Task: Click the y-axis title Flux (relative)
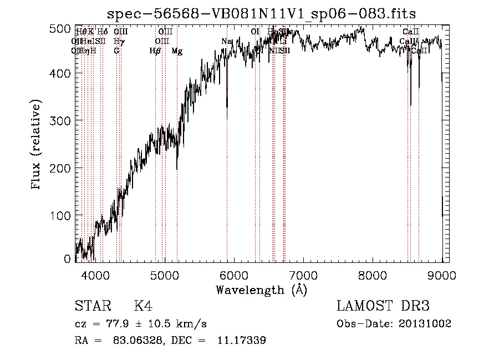coord(37,145)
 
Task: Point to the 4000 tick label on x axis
coord(95,274)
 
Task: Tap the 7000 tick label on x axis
coord(303,274)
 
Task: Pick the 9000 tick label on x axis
coord(442,274)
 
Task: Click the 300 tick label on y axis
coord(62,120)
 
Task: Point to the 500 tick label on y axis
coord(62,28)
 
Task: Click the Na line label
coord(226,42)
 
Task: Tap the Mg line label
coord(177,51)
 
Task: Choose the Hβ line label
coord(155,51)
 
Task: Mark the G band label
coord(116,51)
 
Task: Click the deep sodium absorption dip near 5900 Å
coord(227,111)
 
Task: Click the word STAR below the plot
coord(91,306)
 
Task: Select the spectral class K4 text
coord(143,306)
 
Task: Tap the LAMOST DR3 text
coord(383,306)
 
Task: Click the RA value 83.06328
coord(129,341)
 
